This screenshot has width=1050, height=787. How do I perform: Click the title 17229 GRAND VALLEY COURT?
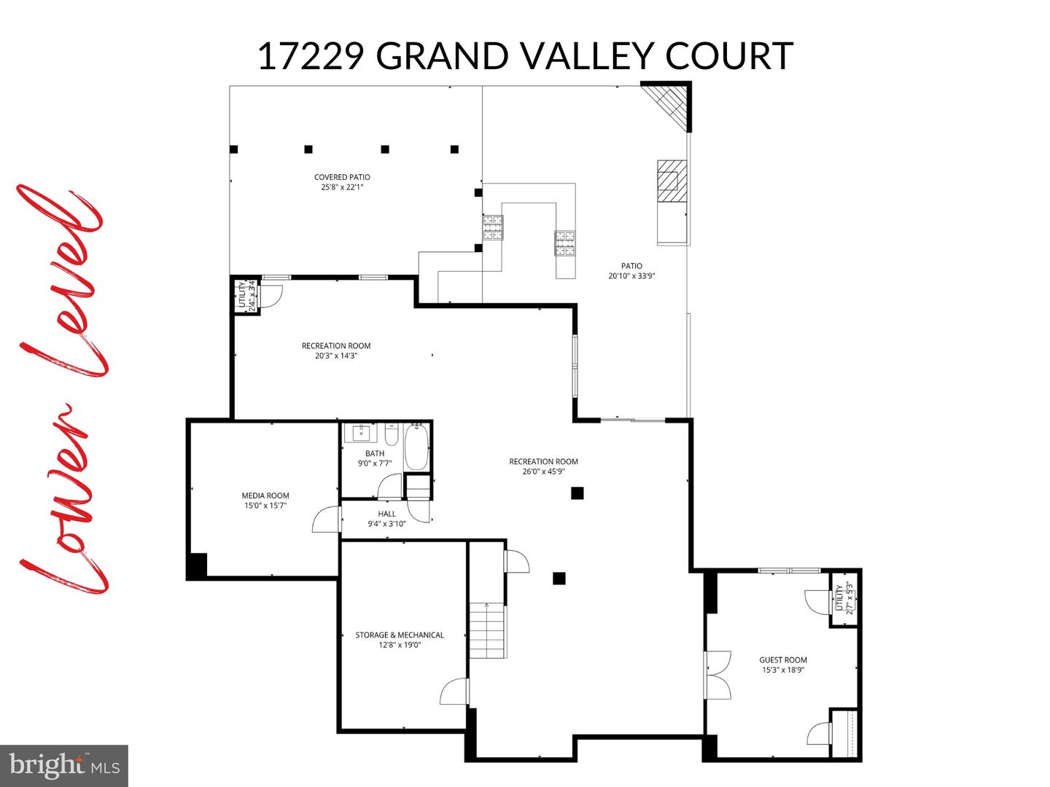click(525, 56)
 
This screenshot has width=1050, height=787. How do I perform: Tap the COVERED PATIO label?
click(342, 177)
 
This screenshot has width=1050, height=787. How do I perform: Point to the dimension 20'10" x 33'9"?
click(631, 276)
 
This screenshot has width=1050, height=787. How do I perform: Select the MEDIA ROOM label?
click(265, 496)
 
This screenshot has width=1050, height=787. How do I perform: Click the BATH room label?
click(375, 453)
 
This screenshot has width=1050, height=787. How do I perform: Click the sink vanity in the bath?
click(362, 433)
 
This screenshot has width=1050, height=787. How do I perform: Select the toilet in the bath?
click(391, 436)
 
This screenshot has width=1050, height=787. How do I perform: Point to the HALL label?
click(386, 514)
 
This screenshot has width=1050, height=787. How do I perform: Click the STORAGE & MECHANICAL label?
click(400, 635)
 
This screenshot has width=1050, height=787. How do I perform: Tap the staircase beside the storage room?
click(486, 630)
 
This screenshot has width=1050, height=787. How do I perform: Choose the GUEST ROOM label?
click(782, 660)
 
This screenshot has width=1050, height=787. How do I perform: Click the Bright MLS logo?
click(64, 764)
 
